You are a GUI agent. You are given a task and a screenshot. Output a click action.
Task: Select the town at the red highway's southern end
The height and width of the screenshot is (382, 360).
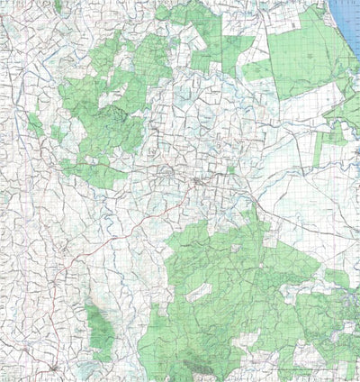coord(56,367)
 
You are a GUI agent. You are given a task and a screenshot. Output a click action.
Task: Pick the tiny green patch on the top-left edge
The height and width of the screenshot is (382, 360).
coord(58,6)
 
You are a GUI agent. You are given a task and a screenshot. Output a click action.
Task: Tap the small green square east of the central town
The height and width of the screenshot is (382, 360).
coord(231,168)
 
